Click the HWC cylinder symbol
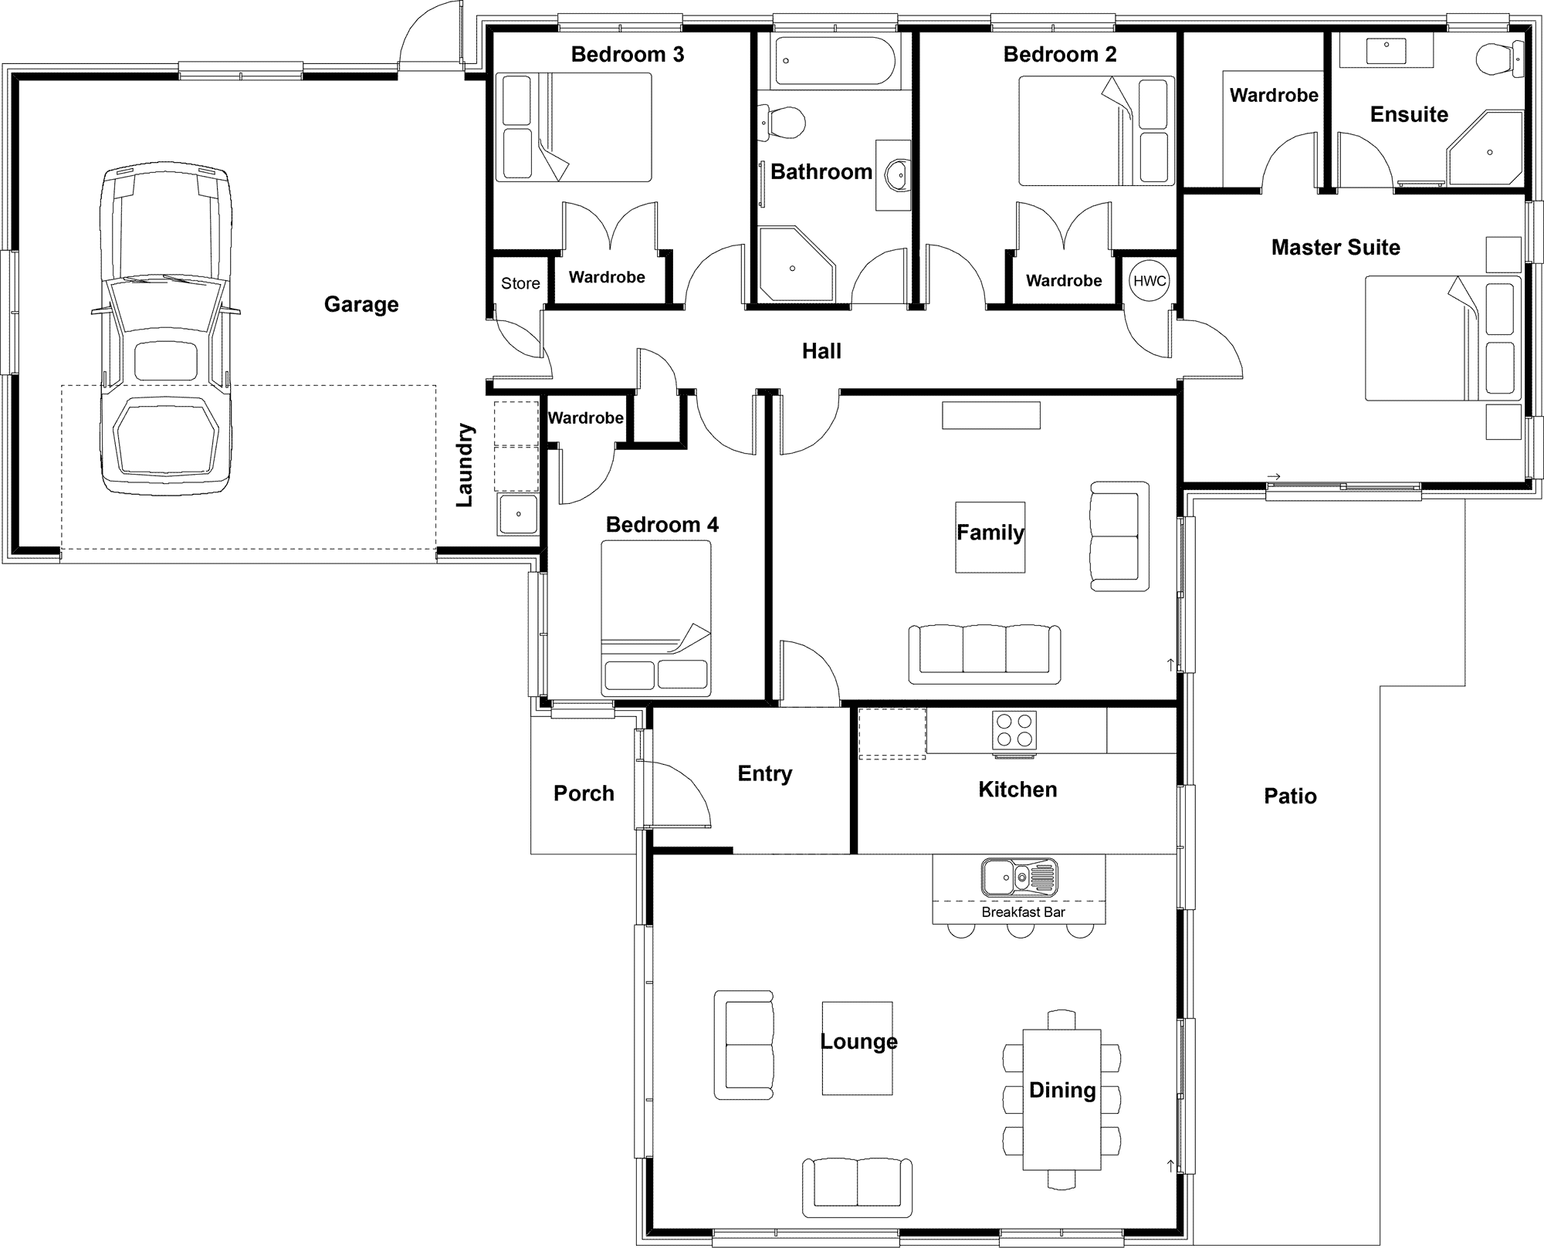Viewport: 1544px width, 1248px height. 1150,281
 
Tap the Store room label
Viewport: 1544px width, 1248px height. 520,283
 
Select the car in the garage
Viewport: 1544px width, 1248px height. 166,330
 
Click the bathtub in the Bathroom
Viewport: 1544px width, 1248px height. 835,62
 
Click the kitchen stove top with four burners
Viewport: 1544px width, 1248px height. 1014,730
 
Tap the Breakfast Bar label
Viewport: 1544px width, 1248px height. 1023,912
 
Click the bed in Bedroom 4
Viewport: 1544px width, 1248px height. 656,618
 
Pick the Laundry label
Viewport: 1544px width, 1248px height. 465,465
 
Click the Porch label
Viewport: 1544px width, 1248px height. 584,793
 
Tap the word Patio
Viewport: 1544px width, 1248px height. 1290,796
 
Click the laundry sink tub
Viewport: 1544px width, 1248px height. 518,515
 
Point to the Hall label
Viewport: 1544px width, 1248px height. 821,352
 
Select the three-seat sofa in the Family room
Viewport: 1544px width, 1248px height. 984,654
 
